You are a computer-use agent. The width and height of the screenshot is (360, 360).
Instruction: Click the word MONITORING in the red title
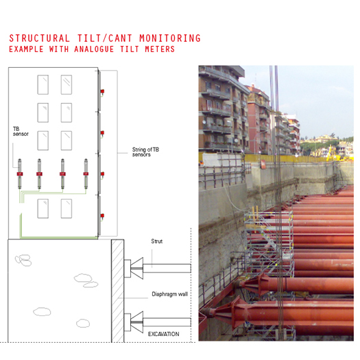[170, 38]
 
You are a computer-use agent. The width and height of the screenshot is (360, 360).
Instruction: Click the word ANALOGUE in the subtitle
[94, 49]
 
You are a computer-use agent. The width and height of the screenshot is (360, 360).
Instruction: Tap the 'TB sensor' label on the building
[21, 132]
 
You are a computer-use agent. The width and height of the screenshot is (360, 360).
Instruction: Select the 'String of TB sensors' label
[145, 152]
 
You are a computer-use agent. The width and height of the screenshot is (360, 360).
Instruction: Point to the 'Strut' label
[157, 241]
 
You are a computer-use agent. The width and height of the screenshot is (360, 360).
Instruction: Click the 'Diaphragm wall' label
[169, 294]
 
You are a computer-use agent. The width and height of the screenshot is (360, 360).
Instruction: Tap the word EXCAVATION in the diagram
[163, 334]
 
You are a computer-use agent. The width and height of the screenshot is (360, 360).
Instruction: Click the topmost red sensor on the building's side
[102, 91]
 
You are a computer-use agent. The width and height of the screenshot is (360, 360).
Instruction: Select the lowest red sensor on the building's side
[102, 215]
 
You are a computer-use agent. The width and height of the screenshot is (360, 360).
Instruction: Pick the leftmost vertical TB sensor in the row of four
[20, 173]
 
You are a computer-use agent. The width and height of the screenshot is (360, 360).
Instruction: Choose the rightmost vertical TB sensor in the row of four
[86, 173]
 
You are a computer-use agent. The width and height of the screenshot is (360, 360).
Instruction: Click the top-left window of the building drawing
[43, 84]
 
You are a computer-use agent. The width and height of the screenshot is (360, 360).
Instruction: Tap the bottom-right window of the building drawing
[67, 208]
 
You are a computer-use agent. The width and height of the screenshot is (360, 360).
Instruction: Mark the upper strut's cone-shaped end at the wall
[137, 268]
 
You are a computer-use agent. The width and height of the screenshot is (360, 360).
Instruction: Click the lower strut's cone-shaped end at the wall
[137, 322]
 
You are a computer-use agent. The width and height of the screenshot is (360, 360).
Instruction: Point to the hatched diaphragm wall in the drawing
[118, 291]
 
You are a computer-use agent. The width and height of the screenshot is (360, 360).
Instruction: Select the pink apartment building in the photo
[259, 119]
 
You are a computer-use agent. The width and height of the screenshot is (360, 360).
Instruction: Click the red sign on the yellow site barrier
[263, 164]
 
